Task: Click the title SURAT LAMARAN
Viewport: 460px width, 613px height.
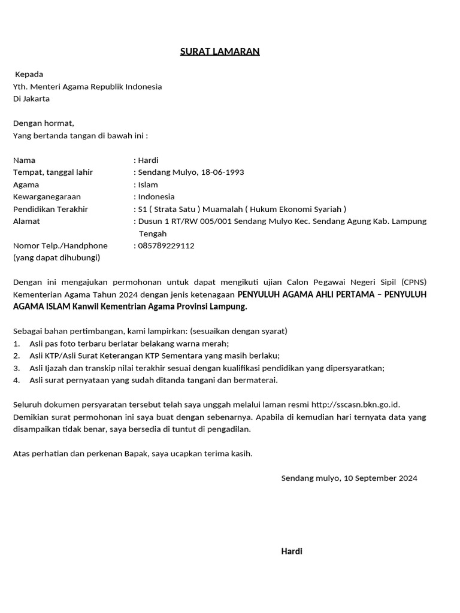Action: tap(220, 51)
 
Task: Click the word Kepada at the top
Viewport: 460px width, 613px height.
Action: tap(29, 74)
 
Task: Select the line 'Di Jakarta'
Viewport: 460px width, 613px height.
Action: tap(31, 99)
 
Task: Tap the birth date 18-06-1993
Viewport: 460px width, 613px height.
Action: tap(222, 172)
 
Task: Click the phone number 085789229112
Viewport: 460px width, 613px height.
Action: tap(166, 245)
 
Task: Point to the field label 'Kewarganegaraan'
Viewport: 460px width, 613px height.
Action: tap(47, 196)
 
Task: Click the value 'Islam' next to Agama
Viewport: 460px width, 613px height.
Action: tap(148, 184)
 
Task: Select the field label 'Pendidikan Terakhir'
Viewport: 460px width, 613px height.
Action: tap(50, 209)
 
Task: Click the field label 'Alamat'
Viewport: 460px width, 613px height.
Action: tap(26, 221)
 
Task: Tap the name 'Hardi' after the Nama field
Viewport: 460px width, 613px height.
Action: tap(148, 160)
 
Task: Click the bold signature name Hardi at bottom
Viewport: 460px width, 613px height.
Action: tap(292, 551)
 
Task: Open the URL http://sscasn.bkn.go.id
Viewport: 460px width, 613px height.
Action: tap(355, 405)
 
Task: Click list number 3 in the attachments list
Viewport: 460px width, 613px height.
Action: tap(17, 368)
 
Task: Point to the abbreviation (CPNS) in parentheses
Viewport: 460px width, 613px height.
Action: tap(414, 282)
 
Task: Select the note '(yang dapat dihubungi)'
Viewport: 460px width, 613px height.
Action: tap(56, 257)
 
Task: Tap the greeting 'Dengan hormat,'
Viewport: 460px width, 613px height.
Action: tap(44, 123)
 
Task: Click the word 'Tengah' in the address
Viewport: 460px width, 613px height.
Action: tap(152, 233)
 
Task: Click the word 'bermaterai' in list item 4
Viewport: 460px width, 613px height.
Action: tap(256, 380)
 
